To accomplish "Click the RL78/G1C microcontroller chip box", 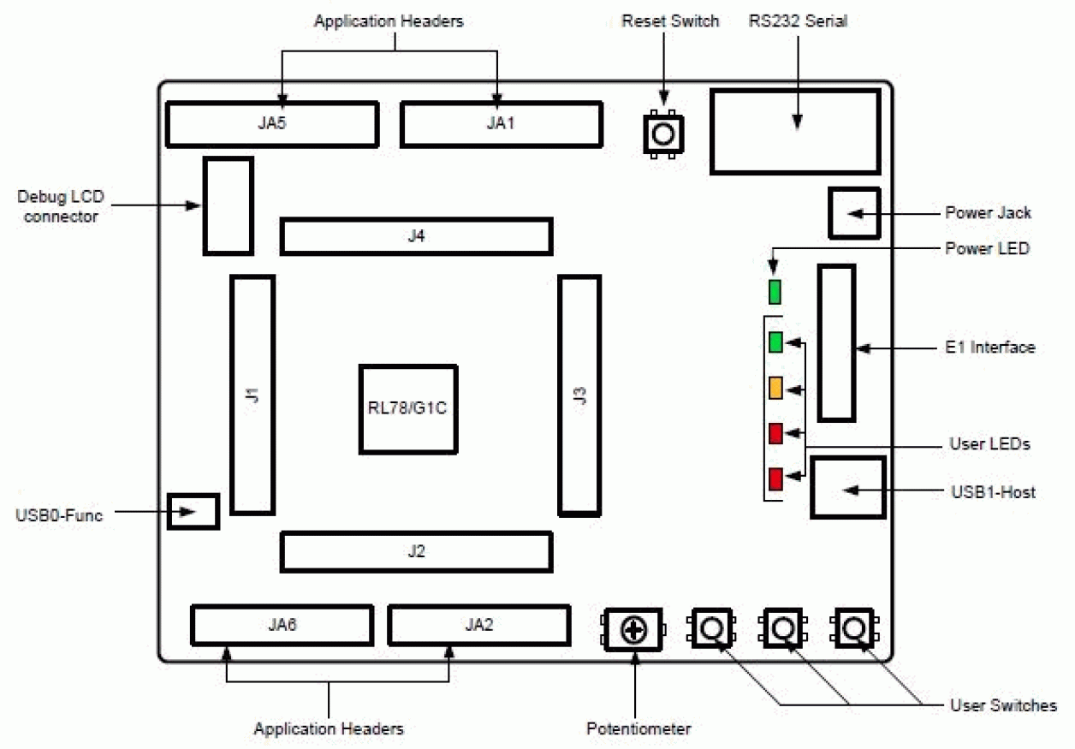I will pos(407,408).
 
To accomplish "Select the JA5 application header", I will pos(271,124).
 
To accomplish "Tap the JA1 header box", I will pos(501,124).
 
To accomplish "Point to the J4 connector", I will pos(416,236).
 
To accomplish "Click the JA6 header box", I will pos(282,625).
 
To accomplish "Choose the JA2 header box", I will pos(478,625).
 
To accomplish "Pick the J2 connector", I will pos(416,552).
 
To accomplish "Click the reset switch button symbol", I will pos(663,133).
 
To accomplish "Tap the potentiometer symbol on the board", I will pos(633,631).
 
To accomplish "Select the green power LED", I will pos(775,293).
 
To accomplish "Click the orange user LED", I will pos(775,388).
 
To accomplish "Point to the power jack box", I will pos(854,212).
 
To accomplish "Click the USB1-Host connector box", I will pos(847,488).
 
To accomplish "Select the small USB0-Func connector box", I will pos(193,511).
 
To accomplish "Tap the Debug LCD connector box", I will pos(229,205).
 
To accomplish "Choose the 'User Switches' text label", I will pos(1003,705).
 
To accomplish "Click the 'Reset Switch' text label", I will pos(670,21).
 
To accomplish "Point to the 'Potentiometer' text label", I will pos(638,729).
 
